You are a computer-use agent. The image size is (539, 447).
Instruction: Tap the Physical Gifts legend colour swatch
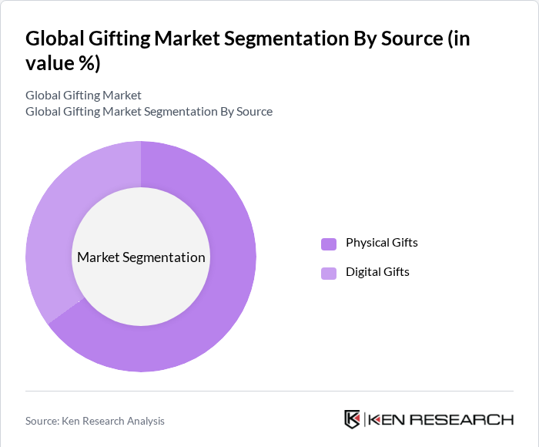click(x=329, y=244)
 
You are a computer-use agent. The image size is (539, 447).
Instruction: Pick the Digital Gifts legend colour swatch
click(x=329, y=273)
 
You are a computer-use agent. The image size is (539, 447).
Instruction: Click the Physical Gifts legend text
click(x=381, y=243)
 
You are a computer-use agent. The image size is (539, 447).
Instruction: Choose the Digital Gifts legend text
click(x=377, y=272)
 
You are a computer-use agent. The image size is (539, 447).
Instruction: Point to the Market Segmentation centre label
click(x=141, y=257)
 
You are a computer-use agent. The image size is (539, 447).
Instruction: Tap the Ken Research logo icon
click(x=353, y=419)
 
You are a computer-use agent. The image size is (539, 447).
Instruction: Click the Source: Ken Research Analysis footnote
click(x=95, y=421)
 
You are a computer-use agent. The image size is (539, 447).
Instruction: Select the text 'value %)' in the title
click(x=63, y=63)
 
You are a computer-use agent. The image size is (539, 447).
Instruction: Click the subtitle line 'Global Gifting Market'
click(x=83, y=96)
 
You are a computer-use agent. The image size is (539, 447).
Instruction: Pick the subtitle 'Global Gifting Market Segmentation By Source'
click(x=149, y=111)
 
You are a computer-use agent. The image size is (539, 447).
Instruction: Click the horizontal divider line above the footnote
click(x=269, y=391)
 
